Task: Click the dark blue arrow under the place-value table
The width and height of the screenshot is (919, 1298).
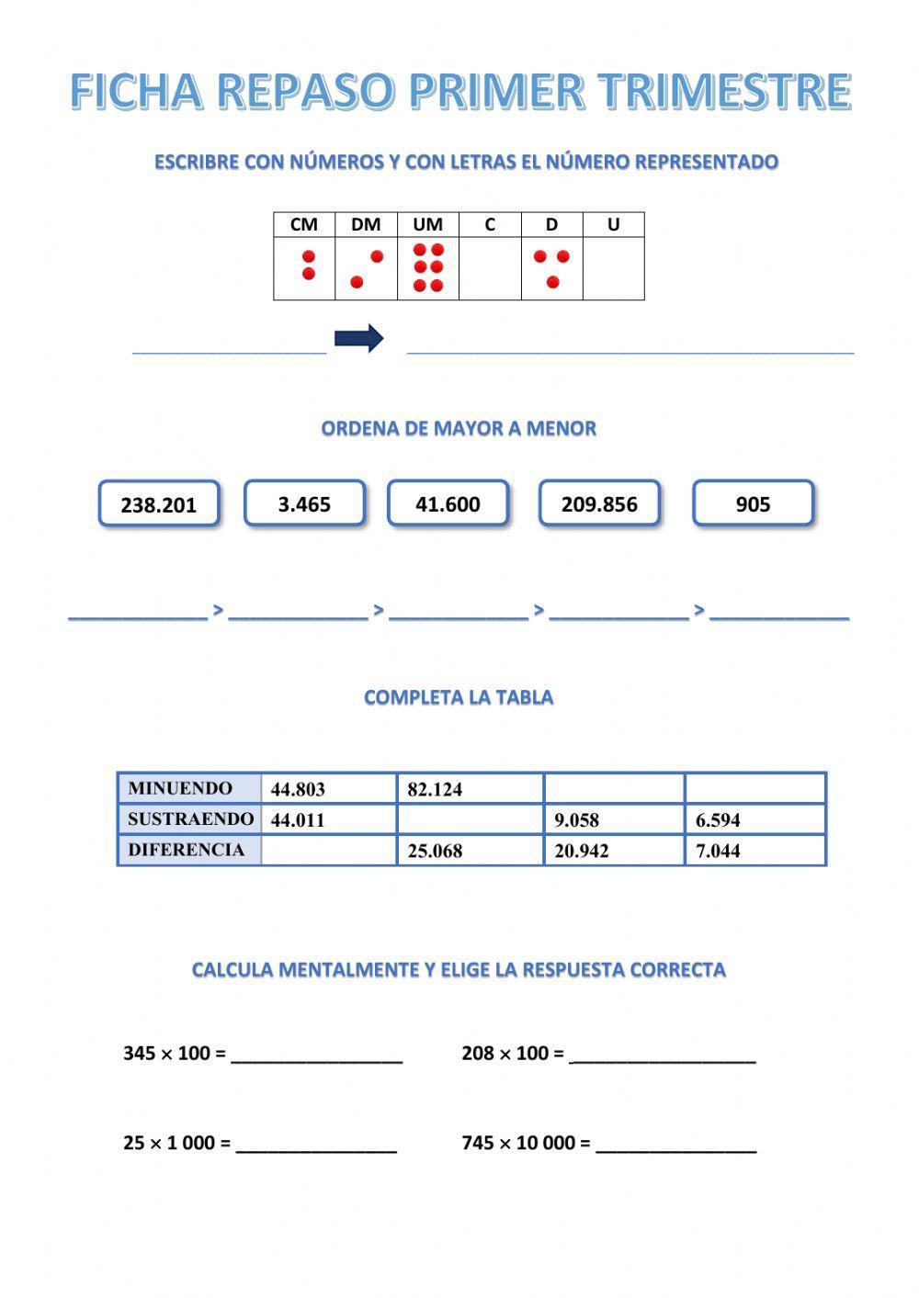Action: point(358,338)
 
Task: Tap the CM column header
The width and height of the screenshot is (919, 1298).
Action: point(304,224)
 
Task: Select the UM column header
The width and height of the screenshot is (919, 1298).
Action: point(428,224)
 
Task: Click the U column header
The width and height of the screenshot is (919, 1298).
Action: point(613,224)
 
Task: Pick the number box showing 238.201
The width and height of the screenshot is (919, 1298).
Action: point(159,504)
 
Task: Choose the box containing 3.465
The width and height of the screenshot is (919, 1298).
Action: point(304,503)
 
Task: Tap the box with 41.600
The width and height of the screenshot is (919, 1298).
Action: point(448,503)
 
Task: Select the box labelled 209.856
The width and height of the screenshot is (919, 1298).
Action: point(599,503)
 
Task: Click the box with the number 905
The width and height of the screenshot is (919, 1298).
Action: point(753,503)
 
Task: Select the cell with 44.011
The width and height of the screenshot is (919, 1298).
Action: point(328,819)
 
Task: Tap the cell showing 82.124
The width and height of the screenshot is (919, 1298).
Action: point(470,789)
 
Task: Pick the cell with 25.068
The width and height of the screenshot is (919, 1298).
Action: point(470,851)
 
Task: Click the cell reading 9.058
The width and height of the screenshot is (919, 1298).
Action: point(613,819)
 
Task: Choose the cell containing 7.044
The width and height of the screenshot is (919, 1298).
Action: point(754,851)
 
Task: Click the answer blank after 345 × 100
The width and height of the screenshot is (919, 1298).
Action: point(317,1055)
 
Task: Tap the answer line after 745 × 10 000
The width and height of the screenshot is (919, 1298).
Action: point(676,1144)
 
